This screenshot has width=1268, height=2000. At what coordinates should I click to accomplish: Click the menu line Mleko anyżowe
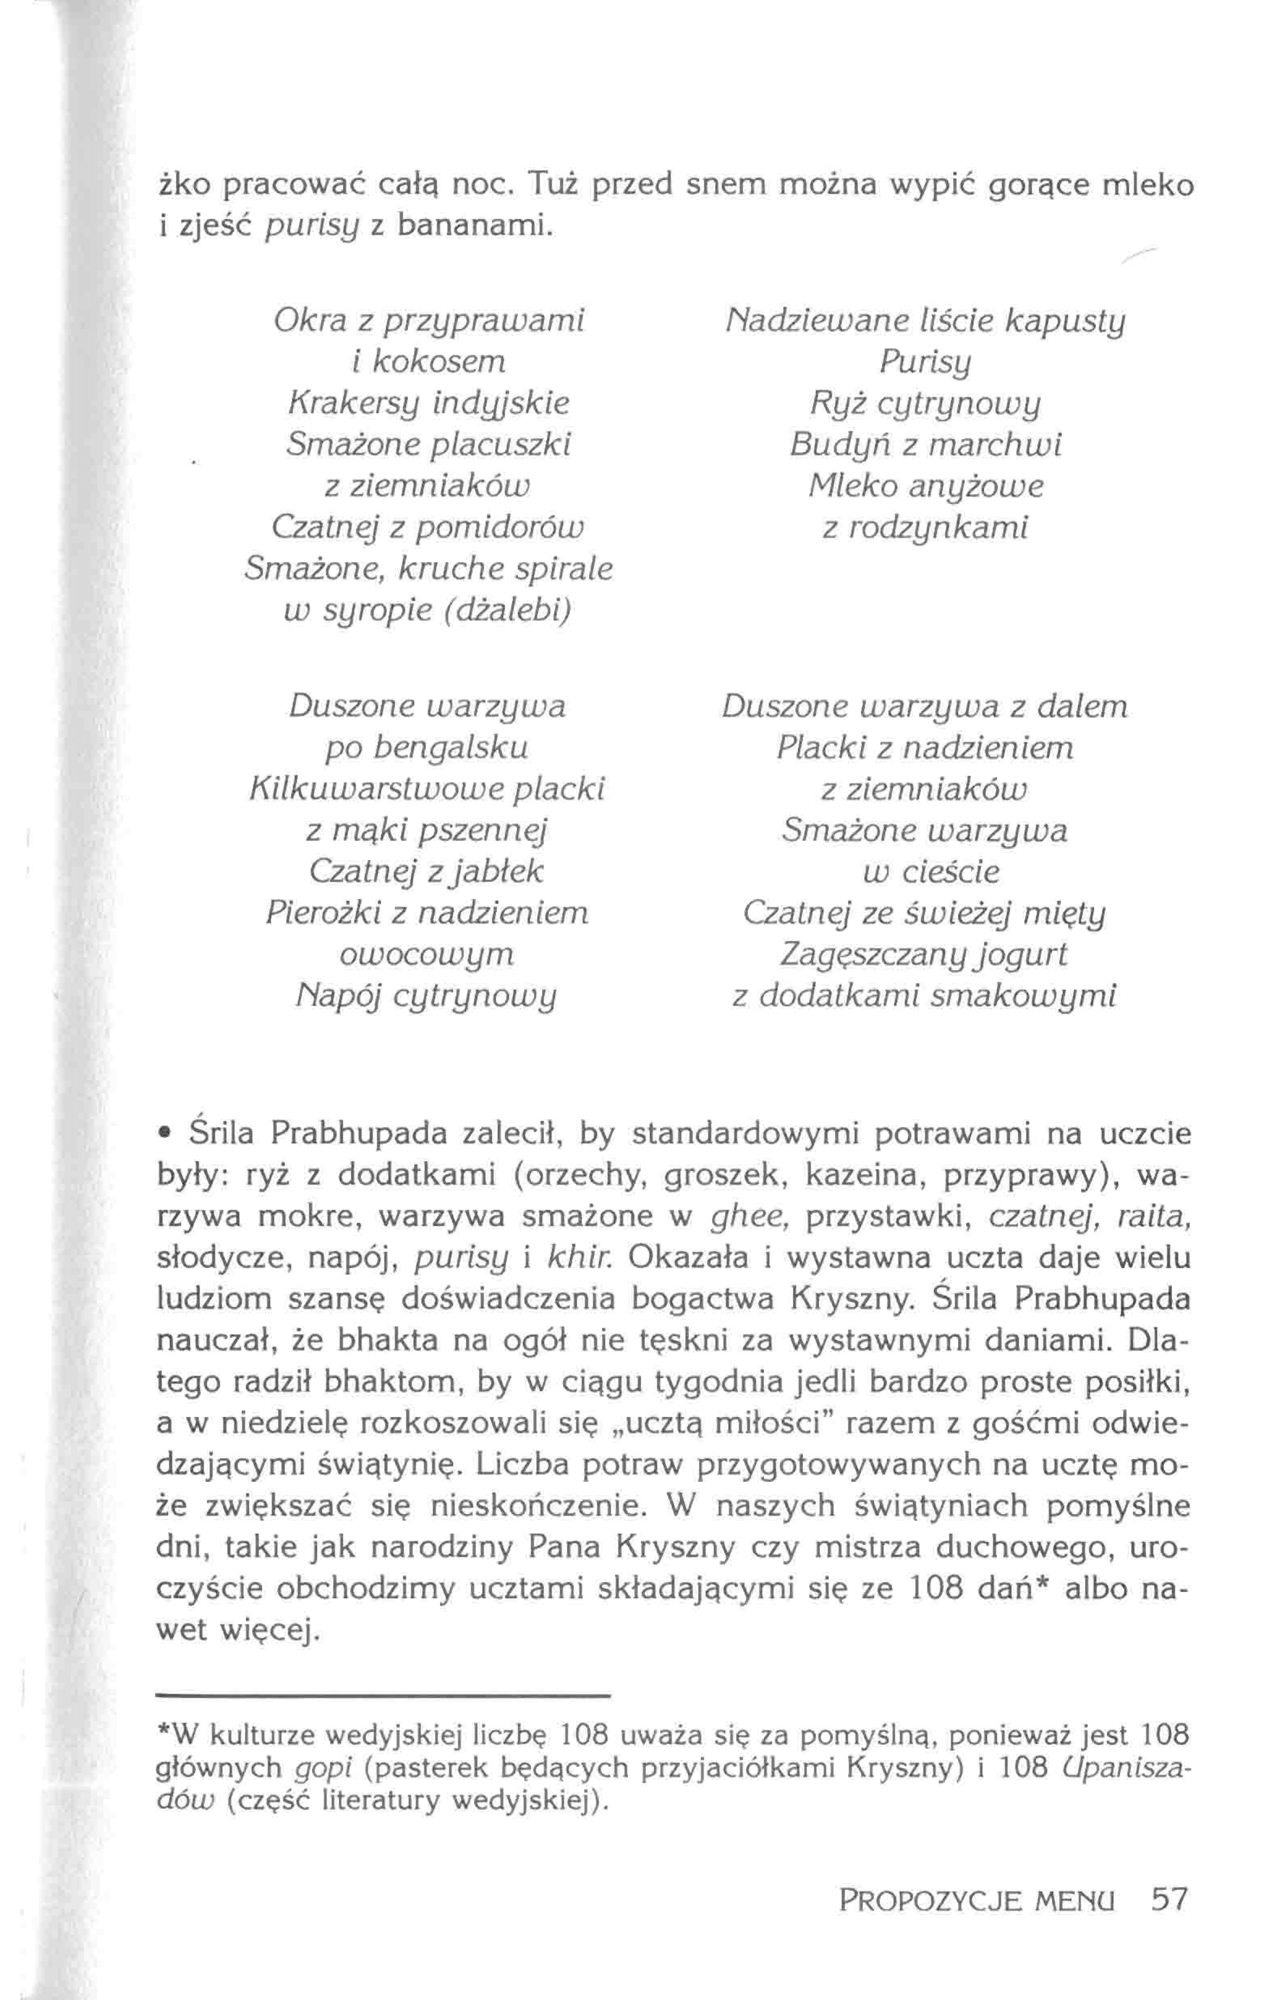pos(925,486)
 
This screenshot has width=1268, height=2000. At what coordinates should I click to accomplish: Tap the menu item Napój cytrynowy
pos(427,994)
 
